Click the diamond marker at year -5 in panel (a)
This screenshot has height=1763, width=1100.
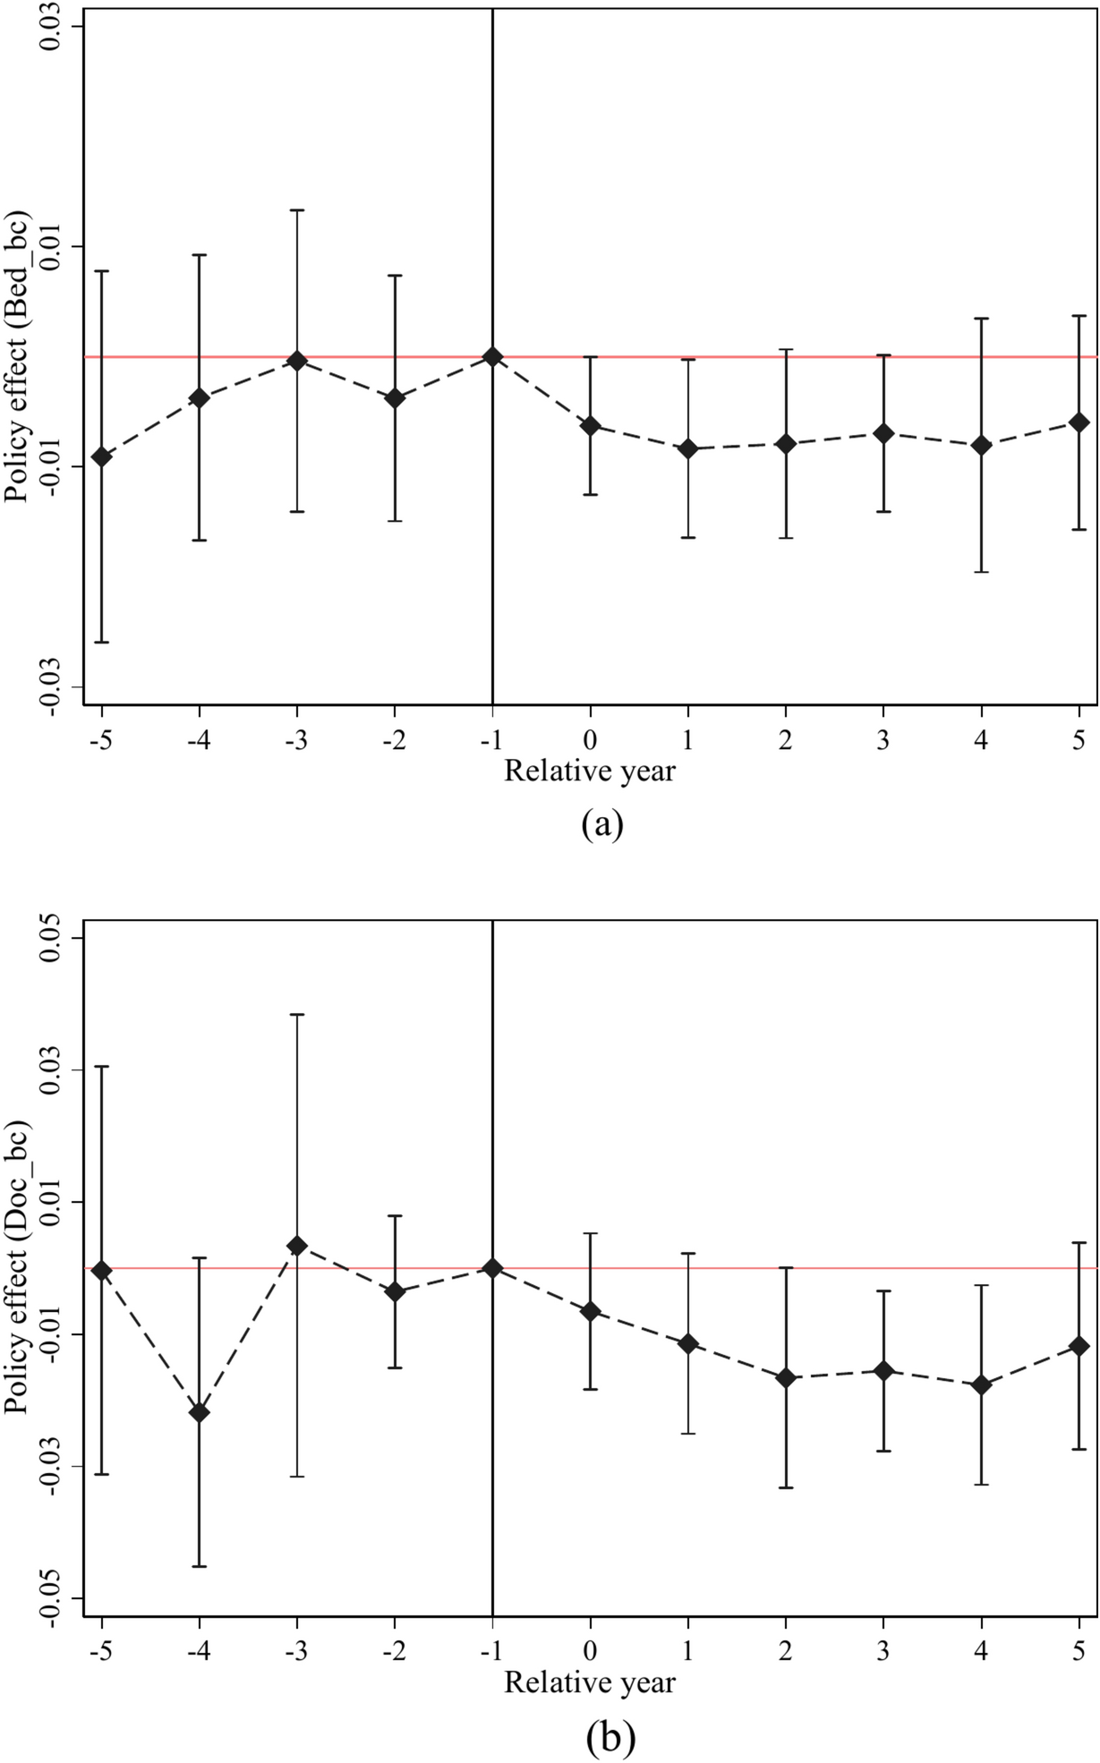[102, 457]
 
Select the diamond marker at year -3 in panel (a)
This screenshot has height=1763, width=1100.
[297, 361]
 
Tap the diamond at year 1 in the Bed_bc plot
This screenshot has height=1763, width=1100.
[688, 448]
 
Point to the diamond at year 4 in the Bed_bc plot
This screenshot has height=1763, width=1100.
[982, 445]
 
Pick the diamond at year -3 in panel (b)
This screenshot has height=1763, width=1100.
[297, 1246]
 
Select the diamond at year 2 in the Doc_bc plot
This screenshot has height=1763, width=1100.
[786, 1378]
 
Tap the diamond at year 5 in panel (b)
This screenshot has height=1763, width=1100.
[1079, 1346]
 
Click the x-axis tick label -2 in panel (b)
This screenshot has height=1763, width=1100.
[394, 1650]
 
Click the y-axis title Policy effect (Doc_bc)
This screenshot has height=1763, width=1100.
[18, 1268]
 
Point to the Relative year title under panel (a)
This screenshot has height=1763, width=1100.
[590, 771]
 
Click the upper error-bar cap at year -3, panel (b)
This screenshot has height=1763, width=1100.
[297, 1015]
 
